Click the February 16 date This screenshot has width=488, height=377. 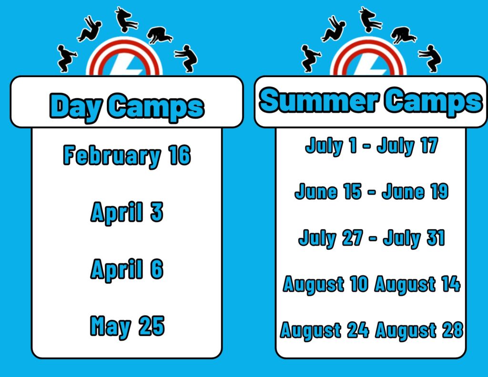(127, 155)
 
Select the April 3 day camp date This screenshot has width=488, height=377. (127, 212)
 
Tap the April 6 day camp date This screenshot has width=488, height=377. (127, 269)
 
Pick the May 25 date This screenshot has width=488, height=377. (127, 326)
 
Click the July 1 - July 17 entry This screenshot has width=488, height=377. (372, 146)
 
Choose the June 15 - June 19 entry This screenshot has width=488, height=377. (372, 191)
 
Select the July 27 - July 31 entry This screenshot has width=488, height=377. (372, 238)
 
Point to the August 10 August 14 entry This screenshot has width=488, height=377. (372, 284)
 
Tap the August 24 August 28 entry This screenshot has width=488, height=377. (372, 330)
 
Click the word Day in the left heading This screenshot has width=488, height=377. (76, 106)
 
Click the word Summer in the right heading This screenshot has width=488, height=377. (319, 100)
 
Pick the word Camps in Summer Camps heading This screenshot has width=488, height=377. (433, 101)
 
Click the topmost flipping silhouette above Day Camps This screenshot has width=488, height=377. (126, 20)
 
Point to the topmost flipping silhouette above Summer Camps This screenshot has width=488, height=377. (370, 20)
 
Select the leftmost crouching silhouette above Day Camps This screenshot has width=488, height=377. (66, 59)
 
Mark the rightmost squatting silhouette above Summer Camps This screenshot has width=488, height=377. (431, 59)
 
